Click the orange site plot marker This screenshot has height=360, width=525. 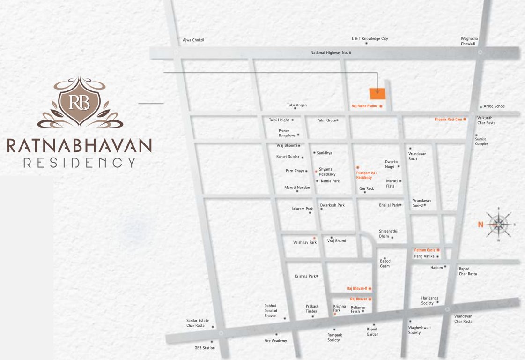[x=377, y=93]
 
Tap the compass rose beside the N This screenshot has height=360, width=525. [x=499, y=225]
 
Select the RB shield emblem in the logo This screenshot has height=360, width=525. [x=80, y=102]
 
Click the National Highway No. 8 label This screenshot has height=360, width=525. [x=331, y=53]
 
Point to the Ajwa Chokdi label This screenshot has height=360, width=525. [x=193, y=40]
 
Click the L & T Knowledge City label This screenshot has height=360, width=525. [x=370, y=39]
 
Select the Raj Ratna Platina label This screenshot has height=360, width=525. [x=364, y=106]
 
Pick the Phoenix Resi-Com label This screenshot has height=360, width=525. [x=448, y=120]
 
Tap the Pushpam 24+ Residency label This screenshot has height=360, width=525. [x=367, y=175]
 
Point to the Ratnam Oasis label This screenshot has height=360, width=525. [x=424, y=250]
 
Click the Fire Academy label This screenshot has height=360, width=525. [x=275, y=341]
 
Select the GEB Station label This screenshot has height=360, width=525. [x=205, y=348]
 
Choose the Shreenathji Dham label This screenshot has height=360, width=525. [x=389, y=233]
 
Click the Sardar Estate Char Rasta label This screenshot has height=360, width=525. [x=197, y=323]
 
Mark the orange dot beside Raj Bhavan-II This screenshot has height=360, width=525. [x=370, y=288]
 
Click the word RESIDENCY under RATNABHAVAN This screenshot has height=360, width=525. [x=80, y=163]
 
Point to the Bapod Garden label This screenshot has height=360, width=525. [x=372, y=331]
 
